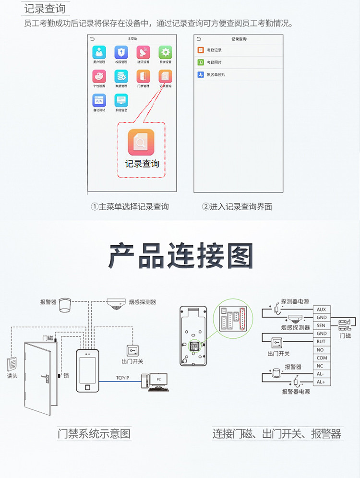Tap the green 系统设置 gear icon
(x=165, y=52)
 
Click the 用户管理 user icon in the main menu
(x=99, y=52)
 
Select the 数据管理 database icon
(x=121, y=76)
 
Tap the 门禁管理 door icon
(x=143, y=76)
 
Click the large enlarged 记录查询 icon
(x=141, y=142)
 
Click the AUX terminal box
(x=321, y=310)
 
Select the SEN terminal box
(x=321, y=325)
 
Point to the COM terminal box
(x=321, y=358)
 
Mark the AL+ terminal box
(x=321, y=382)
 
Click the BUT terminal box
(x=321, y=342)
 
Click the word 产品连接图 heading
(x=180, y=257)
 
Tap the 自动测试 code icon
(x=99, y=100)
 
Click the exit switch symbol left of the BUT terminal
(x=277, y=343)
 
